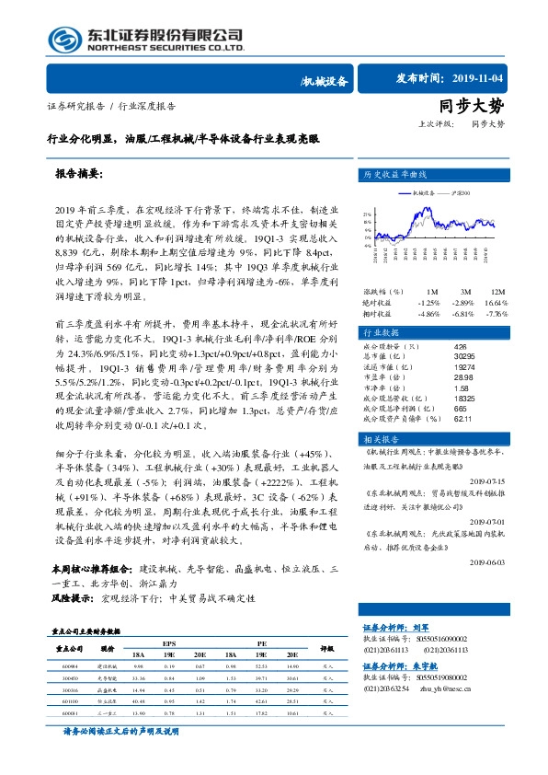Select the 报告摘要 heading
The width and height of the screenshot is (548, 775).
pyautogui.click(x=78, y=174)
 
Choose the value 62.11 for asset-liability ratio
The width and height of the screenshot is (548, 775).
pyautogui.click(x=462, y=419)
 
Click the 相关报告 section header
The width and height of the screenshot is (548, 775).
pyautogui.click(x=380, y=440)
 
